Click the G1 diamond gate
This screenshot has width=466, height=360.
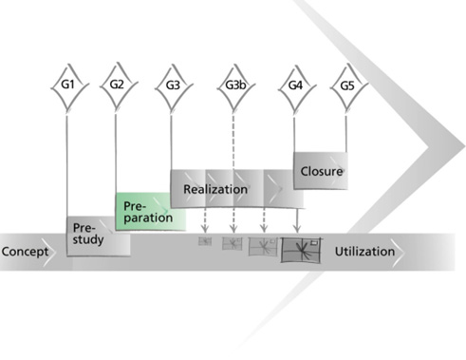tap(69, 87)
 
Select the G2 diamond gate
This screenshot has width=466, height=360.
tap(119, 87)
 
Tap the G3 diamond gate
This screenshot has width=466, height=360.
tap(174, 88)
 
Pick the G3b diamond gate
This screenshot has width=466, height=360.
tap(235, 88)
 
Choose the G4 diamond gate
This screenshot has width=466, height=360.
tap(297, 88)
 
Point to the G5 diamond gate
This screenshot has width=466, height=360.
tap(349, 88)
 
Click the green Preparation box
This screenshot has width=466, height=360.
tap(151, 212)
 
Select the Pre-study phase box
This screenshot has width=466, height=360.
tap(99, 237)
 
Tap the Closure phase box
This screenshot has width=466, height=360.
tap(321, 171)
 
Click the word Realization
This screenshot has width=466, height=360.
tap(215, 189)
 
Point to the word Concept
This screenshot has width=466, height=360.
tap(25, 252)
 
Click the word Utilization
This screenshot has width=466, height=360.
tap(364, 252)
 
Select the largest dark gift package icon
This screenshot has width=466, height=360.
tap(301, 250)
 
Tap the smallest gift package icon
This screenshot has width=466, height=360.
tap(205, 241)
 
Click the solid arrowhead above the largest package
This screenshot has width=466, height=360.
tap(297, 228)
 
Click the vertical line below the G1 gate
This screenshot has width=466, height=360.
tap(66, 166)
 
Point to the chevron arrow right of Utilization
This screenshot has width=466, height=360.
tap(398, 253)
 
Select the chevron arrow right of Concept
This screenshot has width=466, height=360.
tap(49, 253)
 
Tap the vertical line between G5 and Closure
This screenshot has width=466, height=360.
tap(345, 134)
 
